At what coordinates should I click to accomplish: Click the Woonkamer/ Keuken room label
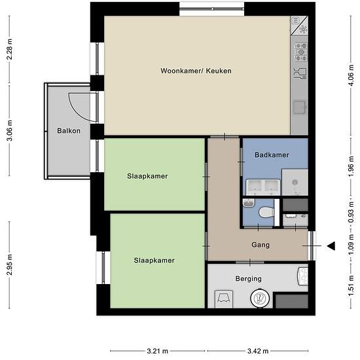coord(196,71)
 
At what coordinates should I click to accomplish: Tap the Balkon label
coord(69,131)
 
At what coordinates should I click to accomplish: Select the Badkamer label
coord(272,154)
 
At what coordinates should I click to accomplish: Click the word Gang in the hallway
coord(261,245)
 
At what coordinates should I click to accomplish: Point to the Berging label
coord(249,279)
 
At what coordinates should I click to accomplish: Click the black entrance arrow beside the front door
coord(331,246)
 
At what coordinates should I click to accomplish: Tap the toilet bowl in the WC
coord(266,212)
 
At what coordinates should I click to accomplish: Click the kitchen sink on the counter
coord(300,107)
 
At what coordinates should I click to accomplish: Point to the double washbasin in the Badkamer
coord(263,187)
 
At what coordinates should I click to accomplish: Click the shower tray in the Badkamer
coord(295,183)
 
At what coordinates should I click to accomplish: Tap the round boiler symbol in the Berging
coord(259,298)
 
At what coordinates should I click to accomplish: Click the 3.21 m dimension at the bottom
coord(158,351)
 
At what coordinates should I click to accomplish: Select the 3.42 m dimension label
coord(258,351)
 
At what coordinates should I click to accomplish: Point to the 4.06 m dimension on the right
coord(351,75)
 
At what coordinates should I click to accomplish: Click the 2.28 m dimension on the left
coord(9,49)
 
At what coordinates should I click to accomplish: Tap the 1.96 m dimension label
coord(351,167)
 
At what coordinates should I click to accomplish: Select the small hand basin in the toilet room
coord(249,203)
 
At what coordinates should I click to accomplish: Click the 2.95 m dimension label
coord(9,264)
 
